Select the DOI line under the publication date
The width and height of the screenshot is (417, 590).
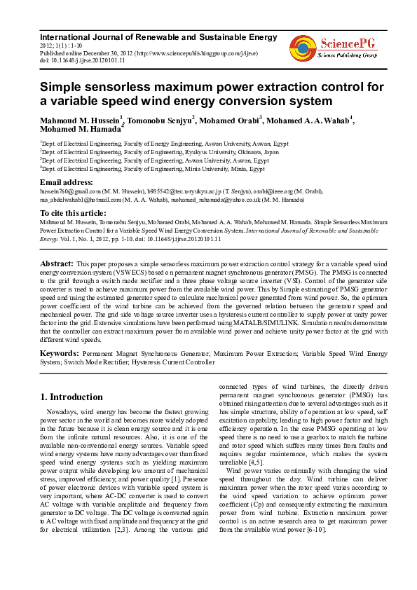[82, 61]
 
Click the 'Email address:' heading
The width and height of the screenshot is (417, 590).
[69, 181]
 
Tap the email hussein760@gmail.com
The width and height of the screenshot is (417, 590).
[69, 190]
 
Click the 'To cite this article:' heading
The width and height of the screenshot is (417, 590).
[73, 212]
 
